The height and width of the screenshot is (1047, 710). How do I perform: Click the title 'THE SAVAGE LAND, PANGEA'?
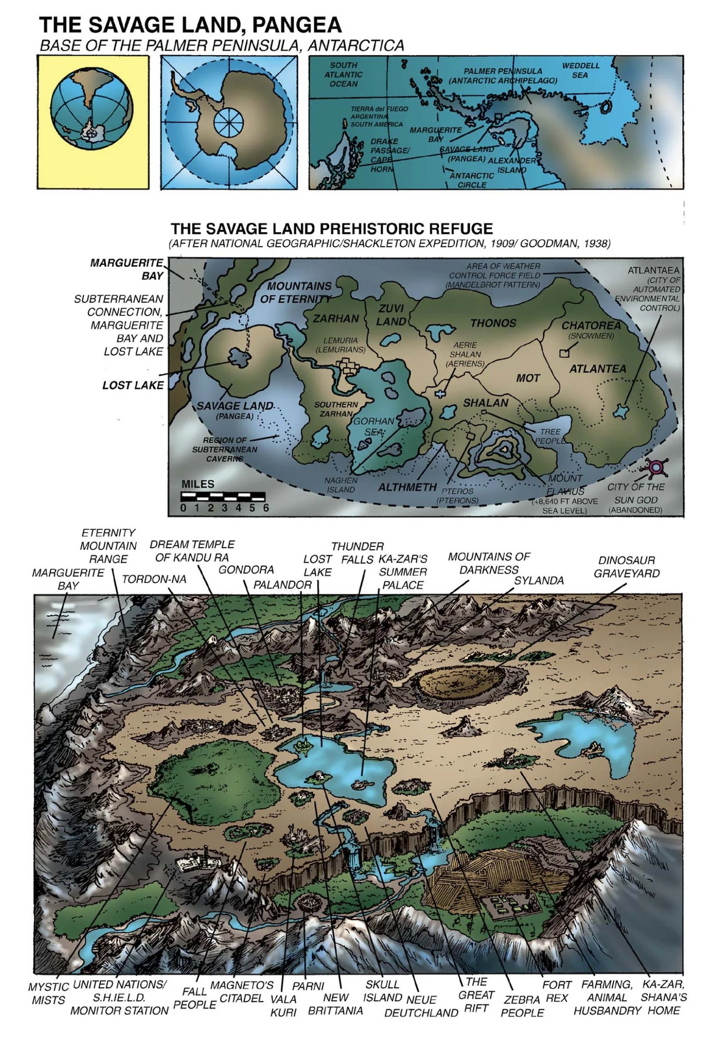[x=190, y=25]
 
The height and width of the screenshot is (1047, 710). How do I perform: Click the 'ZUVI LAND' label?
[x=391, y=315]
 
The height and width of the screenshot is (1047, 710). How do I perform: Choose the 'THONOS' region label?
[x=493, y=323]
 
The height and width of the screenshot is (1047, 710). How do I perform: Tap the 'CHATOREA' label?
[x=591, y=326]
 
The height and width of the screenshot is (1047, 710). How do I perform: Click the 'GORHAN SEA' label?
[x=373, y=426]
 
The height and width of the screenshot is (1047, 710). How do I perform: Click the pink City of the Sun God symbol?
[x=656, y=468]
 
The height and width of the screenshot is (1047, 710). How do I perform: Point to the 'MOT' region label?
[x=528, y=378]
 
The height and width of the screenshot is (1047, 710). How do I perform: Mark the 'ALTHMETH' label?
[x=407, y=488]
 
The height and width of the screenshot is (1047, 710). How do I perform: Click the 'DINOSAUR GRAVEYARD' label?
[x=627, y=566]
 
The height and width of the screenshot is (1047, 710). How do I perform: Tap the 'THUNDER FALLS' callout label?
[x=357, y=552]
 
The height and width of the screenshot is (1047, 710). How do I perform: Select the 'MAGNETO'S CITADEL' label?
[x=241, y=991]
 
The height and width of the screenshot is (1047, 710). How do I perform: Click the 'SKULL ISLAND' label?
[x=382, y=991]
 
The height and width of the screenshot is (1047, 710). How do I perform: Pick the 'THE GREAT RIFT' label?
[x=476, y=994]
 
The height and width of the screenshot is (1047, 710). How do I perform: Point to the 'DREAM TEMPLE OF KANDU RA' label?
[x=192, y=550]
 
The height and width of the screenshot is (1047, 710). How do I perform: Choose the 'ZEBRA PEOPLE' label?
[x=522, y=1006]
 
